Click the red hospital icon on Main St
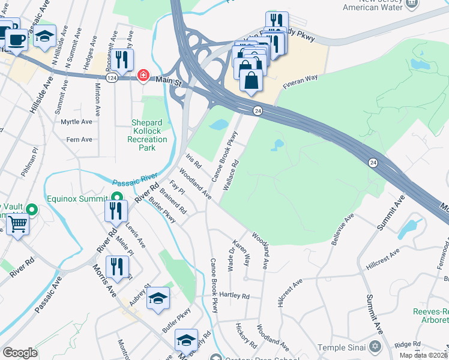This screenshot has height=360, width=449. pos(143,76)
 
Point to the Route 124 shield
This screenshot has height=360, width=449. pos(112,79)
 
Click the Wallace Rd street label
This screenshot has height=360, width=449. pos(232,175)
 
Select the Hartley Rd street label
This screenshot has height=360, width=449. pos(235,296)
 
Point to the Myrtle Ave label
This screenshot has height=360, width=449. pos(77,121)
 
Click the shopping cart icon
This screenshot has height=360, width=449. pos(19,226)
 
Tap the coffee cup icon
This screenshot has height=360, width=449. pos(17,40)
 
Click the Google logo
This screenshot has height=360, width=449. pos(20,353)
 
